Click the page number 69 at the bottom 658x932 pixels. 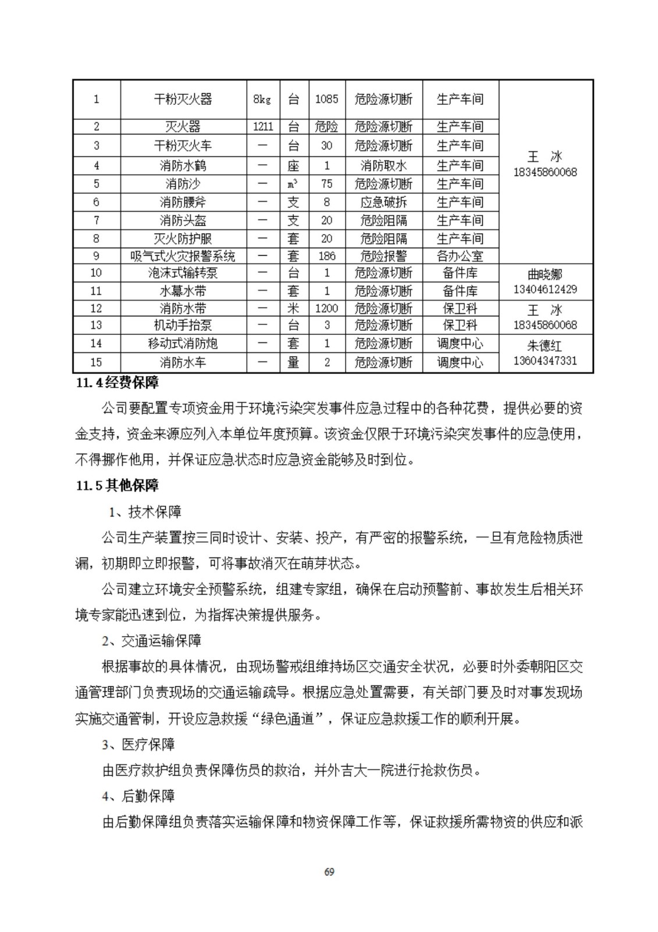tap(329, 872)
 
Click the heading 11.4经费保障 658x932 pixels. tap(117, 383)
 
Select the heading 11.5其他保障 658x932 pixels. tap(117, 486)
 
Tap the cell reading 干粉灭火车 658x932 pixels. tap(183, 146)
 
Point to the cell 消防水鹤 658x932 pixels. tap(183, 165)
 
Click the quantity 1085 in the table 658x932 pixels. tap(326, 99)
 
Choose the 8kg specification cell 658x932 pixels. tap(262, 99)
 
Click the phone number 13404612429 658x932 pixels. tap(545, 290)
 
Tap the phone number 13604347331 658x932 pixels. tap(545, 361)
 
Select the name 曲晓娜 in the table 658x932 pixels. tap(545, 274)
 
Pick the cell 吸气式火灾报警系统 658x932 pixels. tap(183, 256)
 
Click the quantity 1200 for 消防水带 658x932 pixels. tap(326, 308)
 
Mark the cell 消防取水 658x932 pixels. tap(383, 165)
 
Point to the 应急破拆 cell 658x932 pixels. tap(383, 202)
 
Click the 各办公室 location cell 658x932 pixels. tap(460, 256)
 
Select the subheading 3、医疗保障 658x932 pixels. tap(138, 744)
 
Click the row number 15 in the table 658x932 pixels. tap(96, 362)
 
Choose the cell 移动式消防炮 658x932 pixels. tap(183, 344)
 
